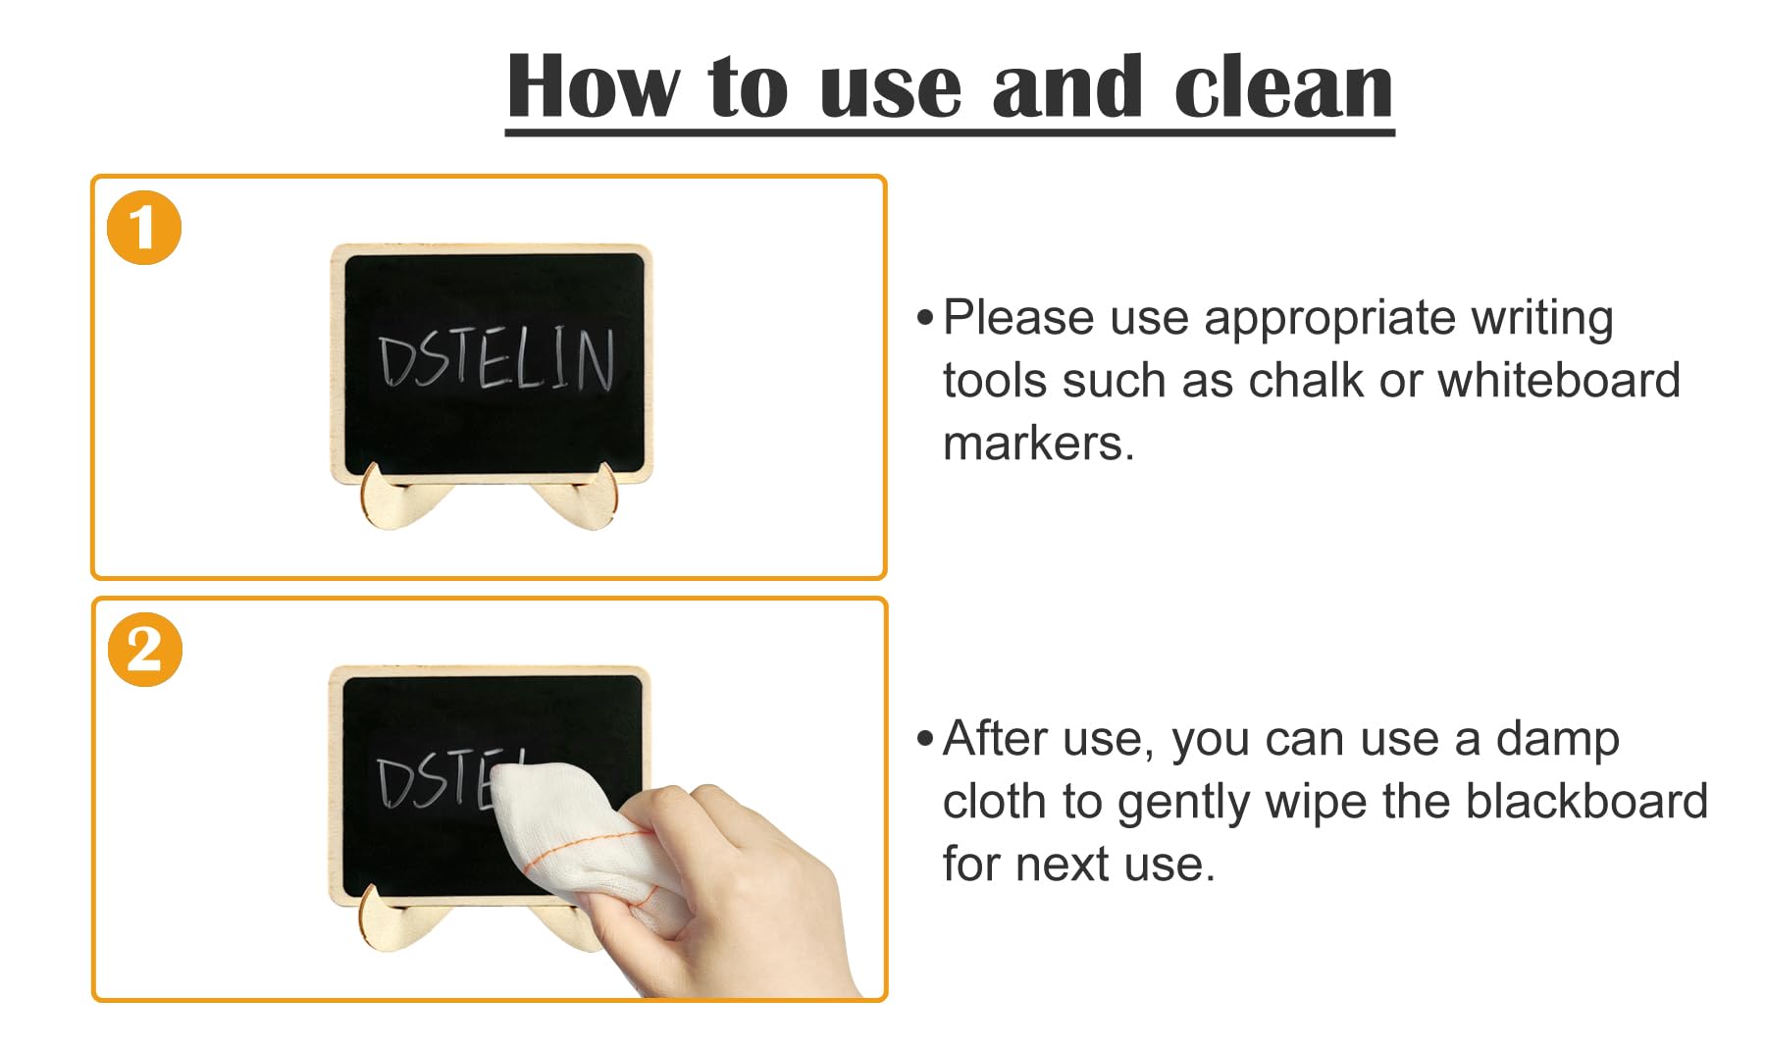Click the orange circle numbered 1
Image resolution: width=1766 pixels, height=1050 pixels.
(x=144, y=228)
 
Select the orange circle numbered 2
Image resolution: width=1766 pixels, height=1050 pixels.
(x=144, y=650)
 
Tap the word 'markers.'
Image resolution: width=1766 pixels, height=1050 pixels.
(x=1039, y=444)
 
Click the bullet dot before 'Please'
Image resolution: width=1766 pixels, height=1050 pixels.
(x=925, y=318)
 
